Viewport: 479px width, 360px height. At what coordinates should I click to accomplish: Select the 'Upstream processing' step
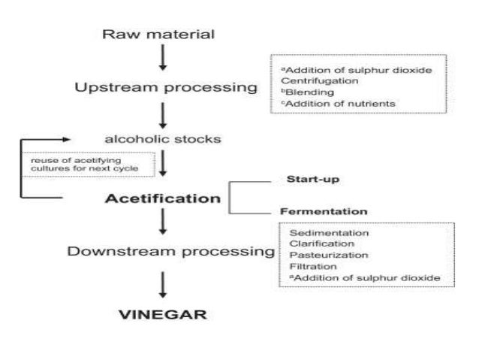[x=166, y=88]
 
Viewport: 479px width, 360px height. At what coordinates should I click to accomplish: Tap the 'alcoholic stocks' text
[x=162, y=139]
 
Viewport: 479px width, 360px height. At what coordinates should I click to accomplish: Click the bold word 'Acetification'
[x=163, y=199]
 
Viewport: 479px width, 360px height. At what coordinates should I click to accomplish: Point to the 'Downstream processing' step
[x=171, y=252]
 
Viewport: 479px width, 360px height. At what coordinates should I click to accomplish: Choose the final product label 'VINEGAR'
[x=164, y=313]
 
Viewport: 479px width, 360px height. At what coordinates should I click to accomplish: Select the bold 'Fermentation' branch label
[x=324, y=211]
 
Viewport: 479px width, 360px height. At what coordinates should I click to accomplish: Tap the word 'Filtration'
[x=311, y=267]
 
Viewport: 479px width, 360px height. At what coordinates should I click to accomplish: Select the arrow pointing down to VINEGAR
[x=163, y=283]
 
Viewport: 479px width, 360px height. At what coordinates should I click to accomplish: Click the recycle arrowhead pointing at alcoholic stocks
[x=69, y=139]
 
